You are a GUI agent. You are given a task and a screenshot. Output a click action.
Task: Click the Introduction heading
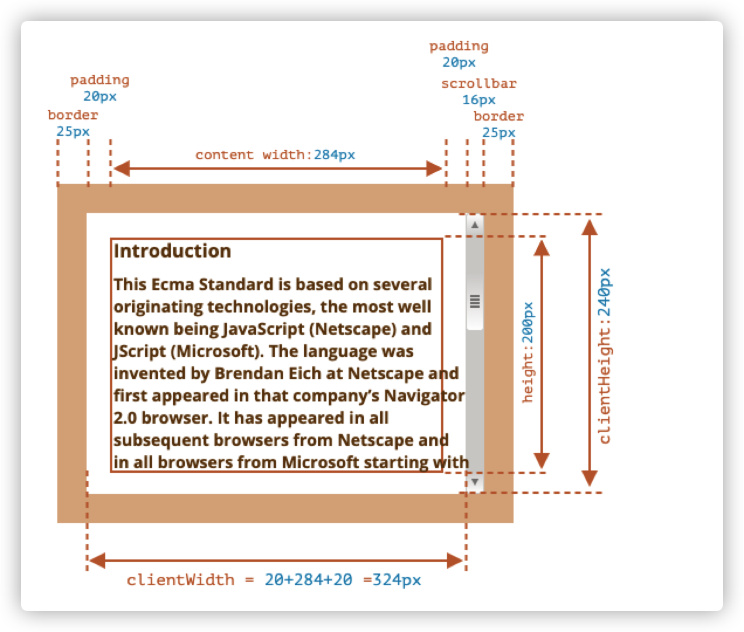click(173, 251)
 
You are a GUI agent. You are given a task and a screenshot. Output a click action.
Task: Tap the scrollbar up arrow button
click(475, 225)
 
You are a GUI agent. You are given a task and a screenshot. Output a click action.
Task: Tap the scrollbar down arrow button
click(475, 482)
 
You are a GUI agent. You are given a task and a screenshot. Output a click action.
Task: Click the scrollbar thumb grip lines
click(475, 301)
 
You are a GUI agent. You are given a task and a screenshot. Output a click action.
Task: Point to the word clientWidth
click(180, 580)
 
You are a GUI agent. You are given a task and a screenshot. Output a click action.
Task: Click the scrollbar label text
click(479, 84)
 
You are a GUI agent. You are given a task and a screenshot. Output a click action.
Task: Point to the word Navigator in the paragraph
click(424, 396)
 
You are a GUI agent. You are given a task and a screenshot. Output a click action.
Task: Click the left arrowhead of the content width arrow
click(122, 169)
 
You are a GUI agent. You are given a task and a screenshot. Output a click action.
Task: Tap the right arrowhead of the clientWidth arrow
click(454, 561)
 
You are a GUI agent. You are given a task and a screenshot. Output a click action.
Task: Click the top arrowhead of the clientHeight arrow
click(589, 228)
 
